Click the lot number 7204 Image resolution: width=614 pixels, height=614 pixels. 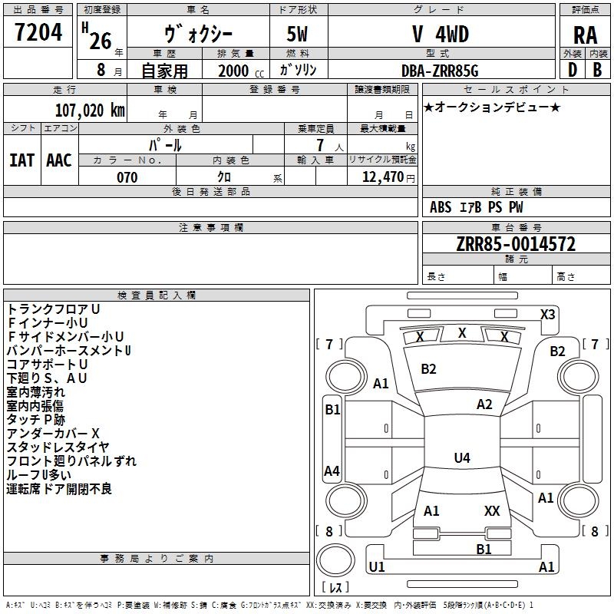[39, 32]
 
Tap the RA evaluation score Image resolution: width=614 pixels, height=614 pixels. [585, 35]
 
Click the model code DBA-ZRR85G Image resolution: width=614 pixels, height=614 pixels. [440, 71]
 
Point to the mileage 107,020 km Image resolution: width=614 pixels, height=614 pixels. [89, 110]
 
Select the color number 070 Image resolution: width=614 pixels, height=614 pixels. [127, 177]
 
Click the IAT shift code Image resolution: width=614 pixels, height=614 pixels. [21, 160]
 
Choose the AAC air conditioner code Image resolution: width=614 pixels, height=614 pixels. [59, 160]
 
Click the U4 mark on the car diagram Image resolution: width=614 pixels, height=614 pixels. [461, 458]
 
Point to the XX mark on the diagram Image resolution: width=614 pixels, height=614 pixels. [492, 510]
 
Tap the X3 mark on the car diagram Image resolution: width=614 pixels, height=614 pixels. [548, 314]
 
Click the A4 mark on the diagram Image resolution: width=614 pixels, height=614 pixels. [332, 470]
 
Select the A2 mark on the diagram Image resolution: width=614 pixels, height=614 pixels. [484, 404]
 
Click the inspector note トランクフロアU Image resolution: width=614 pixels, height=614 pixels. [54, 309]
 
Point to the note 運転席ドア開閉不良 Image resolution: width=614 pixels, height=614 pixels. [59, 489]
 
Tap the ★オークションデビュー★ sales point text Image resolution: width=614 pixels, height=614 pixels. [492, 107]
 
